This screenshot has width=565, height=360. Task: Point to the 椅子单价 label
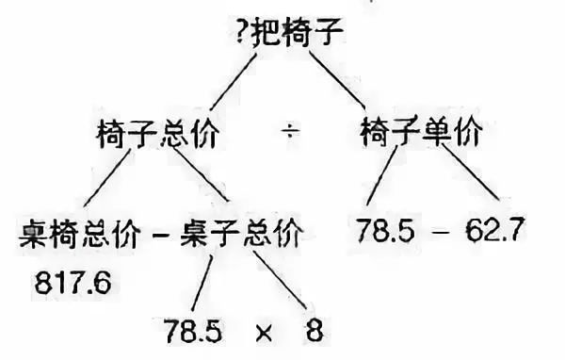coord(421,134)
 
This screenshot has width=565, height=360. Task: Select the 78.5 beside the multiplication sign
coord(193,332)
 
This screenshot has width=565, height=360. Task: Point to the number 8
coord(314,332)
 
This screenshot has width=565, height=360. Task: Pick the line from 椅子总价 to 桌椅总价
coord(110,183)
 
